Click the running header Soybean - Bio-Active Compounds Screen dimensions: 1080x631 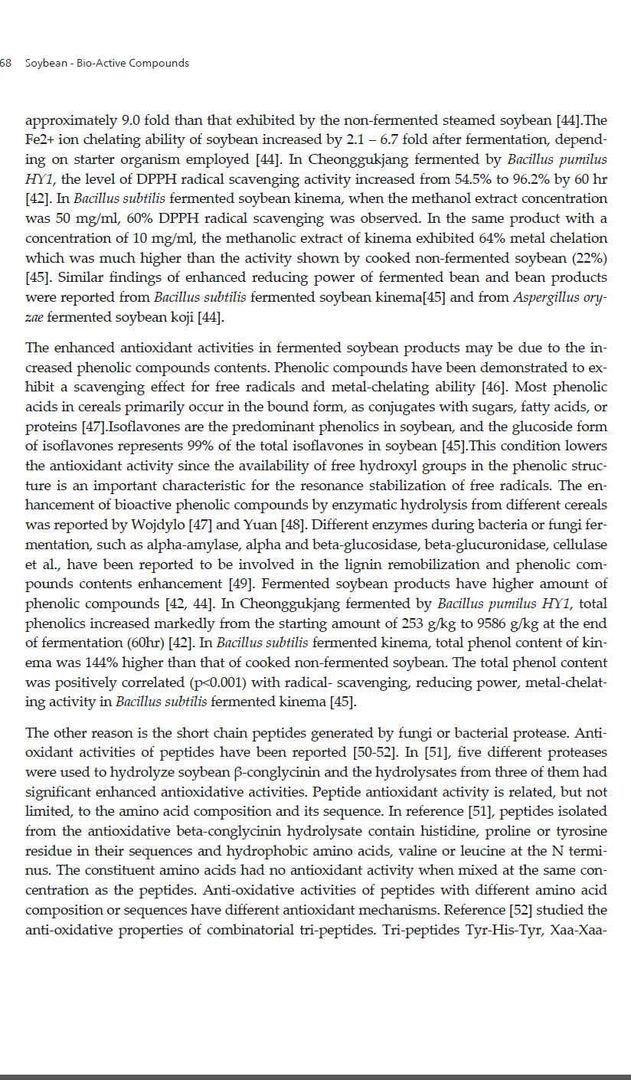(107, 63)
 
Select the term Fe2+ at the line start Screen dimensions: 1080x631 (39, 140)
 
